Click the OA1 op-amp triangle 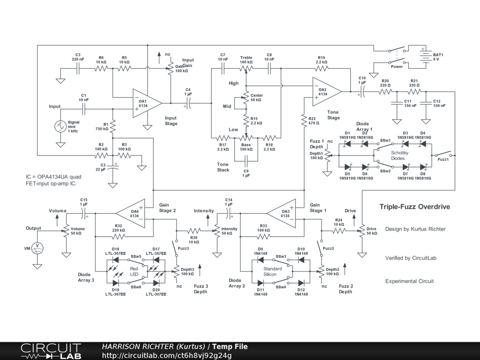[147, 104]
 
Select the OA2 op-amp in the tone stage [327, 91]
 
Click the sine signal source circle [60, 126]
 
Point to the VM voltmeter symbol [37, 248]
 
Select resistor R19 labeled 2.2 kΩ [321, 68]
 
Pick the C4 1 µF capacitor [188, 103]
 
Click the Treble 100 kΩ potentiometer [246, 68]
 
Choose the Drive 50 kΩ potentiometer [362, 231]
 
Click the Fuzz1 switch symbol [443, 154]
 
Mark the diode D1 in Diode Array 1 [347, 144]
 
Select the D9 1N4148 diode [261, 260]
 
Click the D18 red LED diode [115, 260]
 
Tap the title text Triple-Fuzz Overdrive [415, 207]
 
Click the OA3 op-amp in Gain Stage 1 [281, 213]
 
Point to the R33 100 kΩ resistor [263, 237]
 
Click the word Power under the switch [397, 67]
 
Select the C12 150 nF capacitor [426, 103]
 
